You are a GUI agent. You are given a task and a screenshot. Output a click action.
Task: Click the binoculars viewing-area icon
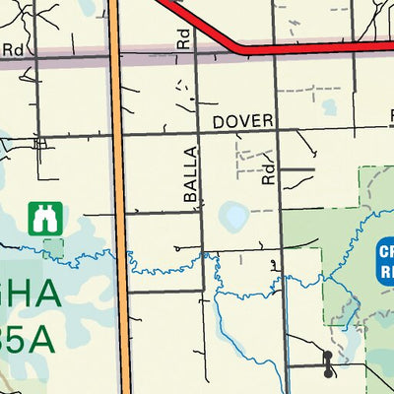(x=43, y=219)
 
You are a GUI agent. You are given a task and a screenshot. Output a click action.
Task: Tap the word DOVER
(x=242, y=120)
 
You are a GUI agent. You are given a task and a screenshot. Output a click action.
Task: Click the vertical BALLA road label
(x=190, y=175)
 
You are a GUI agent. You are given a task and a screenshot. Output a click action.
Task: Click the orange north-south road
(x=119, y=197)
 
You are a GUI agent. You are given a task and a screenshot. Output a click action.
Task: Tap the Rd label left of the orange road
(x=13, y=48)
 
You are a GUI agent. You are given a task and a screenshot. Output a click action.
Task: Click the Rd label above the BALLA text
(x=183, y=39)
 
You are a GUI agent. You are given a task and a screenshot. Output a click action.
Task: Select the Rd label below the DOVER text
(x=267, y=175)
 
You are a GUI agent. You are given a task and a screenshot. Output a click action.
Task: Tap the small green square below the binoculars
(x=53, y=247)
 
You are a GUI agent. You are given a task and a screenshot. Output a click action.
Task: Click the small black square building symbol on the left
(x=40, y=144)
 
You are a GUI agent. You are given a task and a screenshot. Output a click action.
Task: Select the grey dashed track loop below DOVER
(x=253, y=158)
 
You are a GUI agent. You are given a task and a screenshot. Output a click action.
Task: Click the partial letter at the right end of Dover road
(x=390, y=116)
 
